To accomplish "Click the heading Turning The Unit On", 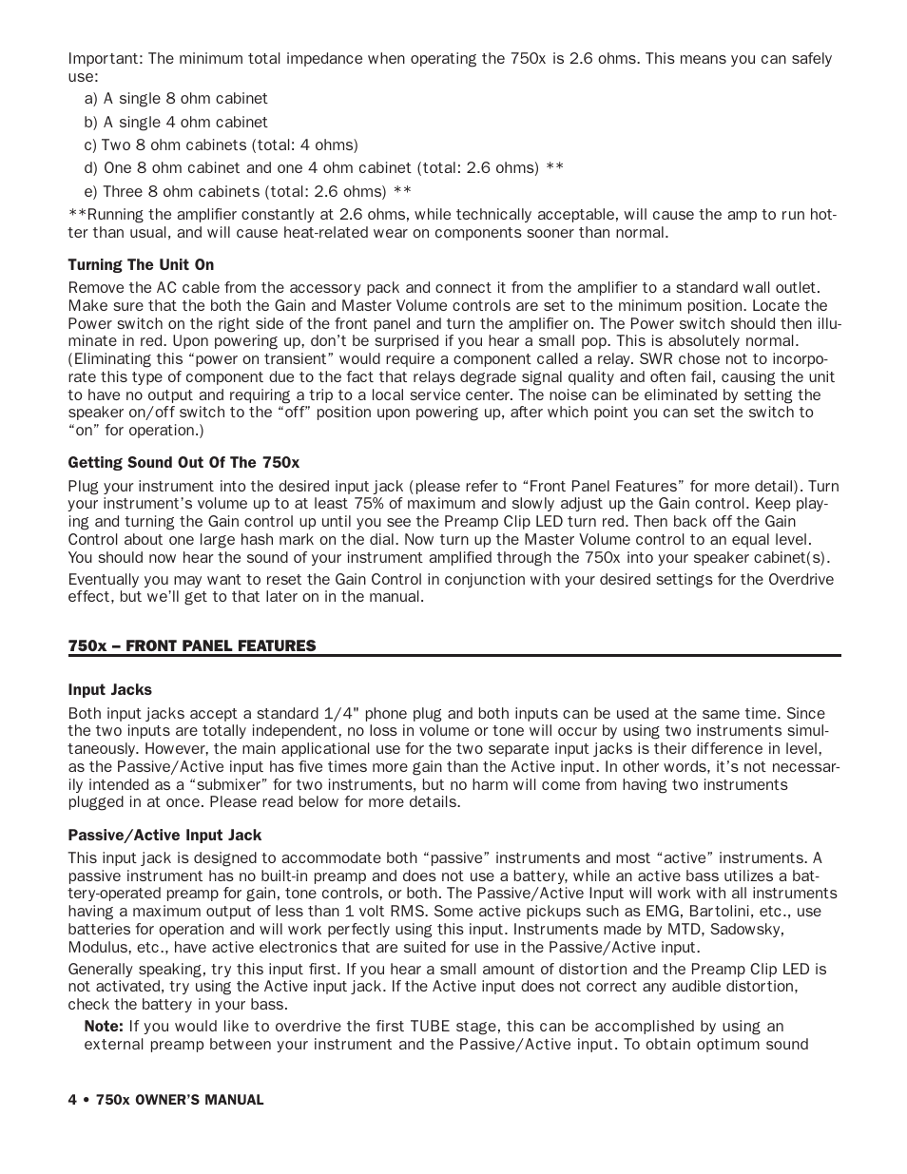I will (141, 264).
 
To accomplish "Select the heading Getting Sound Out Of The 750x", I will (183, 463).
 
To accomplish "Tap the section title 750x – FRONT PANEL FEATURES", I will (191, 645).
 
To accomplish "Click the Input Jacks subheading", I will (109, 690).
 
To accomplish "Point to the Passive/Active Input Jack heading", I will (164, 836).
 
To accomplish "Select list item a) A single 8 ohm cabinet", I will (176, 99).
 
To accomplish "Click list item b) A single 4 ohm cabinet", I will (176, 122).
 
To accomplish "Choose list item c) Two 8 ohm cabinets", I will (221, 144).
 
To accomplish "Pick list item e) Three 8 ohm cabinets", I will (247, 191).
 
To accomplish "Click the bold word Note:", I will (104, 1027).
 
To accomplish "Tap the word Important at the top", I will (104, 59).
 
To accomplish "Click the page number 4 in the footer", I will (72, 1100).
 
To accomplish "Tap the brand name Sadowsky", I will (753, 929).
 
